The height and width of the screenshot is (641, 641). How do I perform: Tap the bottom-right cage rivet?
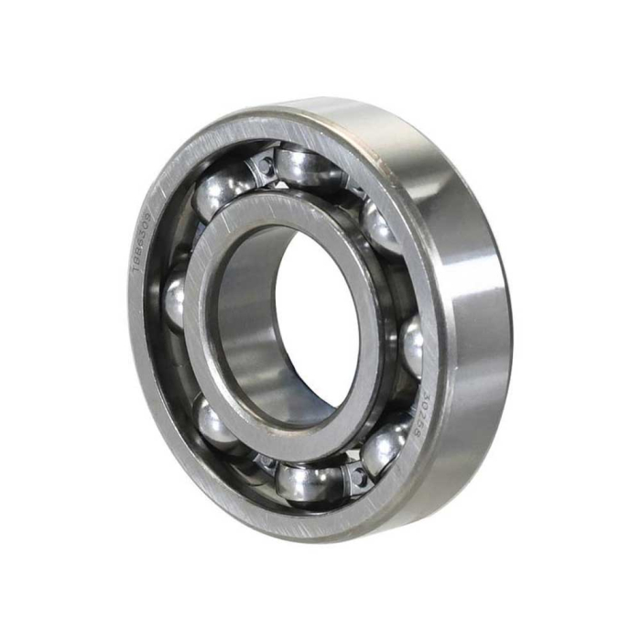tap(356, 475)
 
